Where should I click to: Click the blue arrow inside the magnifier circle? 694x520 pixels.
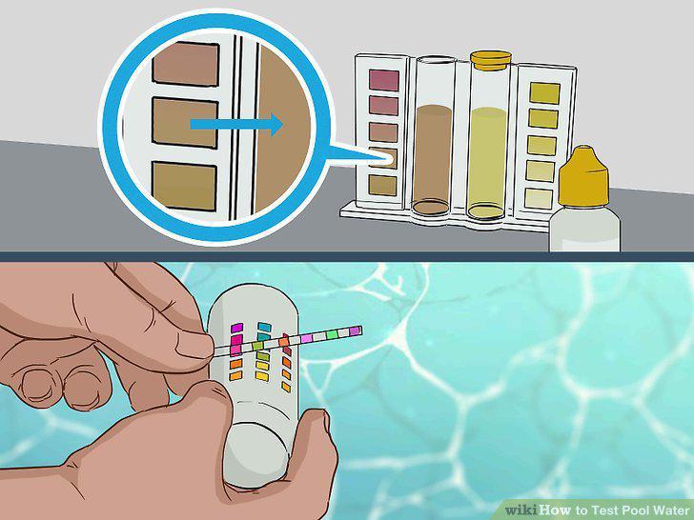(x=236, y=124)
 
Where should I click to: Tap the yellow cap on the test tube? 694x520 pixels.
(x=491, y=61)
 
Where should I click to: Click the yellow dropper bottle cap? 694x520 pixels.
(x=583, y=176)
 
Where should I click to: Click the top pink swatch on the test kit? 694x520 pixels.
(x=384, y=80)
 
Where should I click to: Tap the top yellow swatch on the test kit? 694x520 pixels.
(x=544, y=93)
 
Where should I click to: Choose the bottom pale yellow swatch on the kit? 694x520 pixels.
(x=539, y=198)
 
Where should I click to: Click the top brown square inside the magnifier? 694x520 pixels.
(x=186, y=64)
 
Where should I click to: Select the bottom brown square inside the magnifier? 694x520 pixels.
(x=184, y=186)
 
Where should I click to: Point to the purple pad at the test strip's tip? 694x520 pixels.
(x=356, y=330)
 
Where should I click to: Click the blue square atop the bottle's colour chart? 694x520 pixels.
(x=264, y=327)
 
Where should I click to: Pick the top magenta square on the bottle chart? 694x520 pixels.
(x=236, y=328)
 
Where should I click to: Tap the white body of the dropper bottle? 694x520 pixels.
(x=584, y=229)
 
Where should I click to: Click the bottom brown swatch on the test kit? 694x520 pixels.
(x=383, y=186)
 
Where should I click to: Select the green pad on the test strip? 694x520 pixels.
(x=332, y=334)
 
